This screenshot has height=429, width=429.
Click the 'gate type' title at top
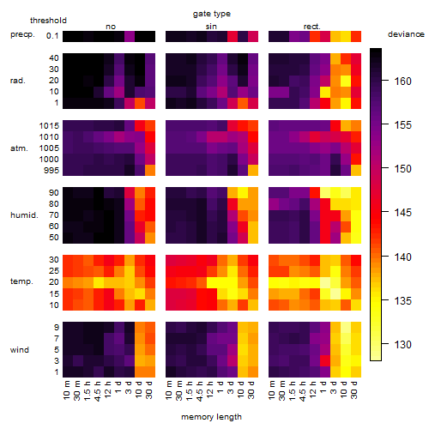click(x=212, y=14)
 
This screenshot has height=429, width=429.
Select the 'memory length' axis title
click(x=211, y=417)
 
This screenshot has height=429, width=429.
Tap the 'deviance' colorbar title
click(x=406, y=34)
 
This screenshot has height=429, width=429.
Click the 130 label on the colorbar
click(x=403, y=344)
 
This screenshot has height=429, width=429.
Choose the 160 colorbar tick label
click(x=403, y=82)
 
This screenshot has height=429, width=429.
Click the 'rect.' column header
click(x=312, y=27)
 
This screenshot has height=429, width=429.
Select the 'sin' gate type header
click(x=211, y=27)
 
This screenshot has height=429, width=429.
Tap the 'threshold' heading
click(x=48, y=21)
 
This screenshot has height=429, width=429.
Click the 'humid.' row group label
click(x=24, y=215)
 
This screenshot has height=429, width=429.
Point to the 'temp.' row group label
click(x=21, y=281)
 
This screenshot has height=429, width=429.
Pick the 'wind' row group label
click(x=20, y=350)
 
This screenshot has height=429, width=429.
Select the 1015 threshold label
click(x=49, y=126)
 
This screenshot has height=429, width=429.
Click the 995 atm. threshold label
click(x=51, y=171)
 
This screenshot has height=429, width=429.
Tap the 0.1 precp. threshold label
click(x=52, y=36)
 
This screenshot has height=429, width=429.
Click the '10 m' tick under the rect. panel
click(x=272, y=390)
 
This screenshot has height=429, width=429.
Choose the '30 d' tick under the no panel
click(x=149, y=390)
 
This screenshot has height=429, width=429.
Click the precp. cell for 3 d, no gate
click(x=130, y=36)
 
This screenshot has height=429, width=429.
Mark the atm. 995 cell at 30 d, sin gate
click(x=253, y=171)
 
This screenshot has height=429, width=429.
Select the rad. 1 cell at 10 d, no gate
click(x=140, y=103)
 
